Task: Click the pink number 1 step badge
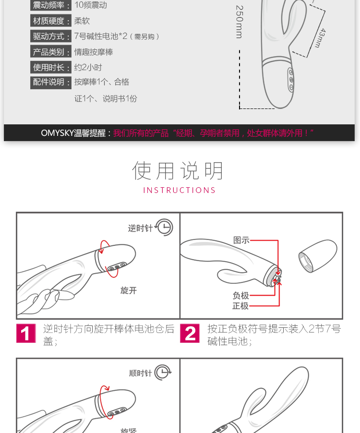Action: [x=26, y=333]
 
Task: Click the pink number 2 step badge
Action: [x=190, y=333]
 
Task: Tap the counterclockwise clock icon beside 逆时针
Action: [x=164, y=228]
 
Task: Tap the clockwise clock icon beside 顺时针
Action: [x=163, y=373]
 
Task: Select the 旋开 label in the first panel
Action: [x=128, y=290]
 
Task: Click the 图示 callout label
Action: [x=241, y=240]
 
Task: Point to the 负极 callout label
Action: [x=240, y=296]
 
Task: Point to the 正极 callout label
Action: [x=240, y=306]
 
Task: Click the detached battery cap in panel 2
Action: [x=318, y=256]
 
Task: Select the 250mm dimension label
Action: [x=240, y=22]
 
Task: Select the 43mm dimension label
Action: [x=321, y=38]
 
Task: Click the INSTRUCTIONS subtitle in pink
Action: [x=180, y=190]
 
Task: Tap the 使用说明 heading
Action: [x=178, y=171]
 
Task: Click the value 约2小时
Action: [x=88, y=67]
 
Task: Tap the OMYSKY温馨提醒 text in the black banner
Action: [x=73, y=133]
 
